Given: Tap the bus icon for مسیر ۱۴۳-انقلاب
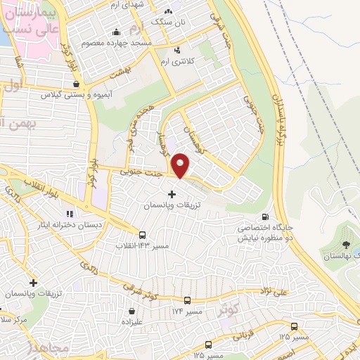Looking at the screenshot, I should pos(143,236).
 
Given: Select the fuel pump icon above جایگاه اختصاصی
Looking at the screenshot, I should pos(265,217).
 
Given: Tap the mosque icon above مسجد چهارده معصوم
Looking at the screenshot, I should pos(115,32).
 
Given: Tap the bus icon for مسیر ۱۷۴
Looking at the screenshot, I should pos(186,300).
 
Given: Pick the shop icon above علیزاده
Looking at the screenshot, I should pos(131,311).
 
